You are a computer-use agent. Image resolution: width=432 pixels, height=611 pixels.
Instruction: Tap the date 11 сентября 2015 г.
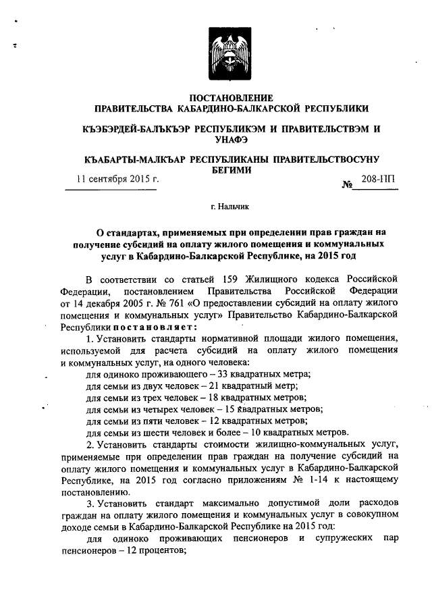116,180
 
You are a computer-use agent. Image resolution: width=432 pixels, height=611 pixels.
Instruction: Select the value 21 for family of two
218,386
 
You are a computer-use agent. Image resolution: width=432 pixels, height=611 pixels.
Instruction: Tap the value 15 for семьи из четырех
233,410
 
